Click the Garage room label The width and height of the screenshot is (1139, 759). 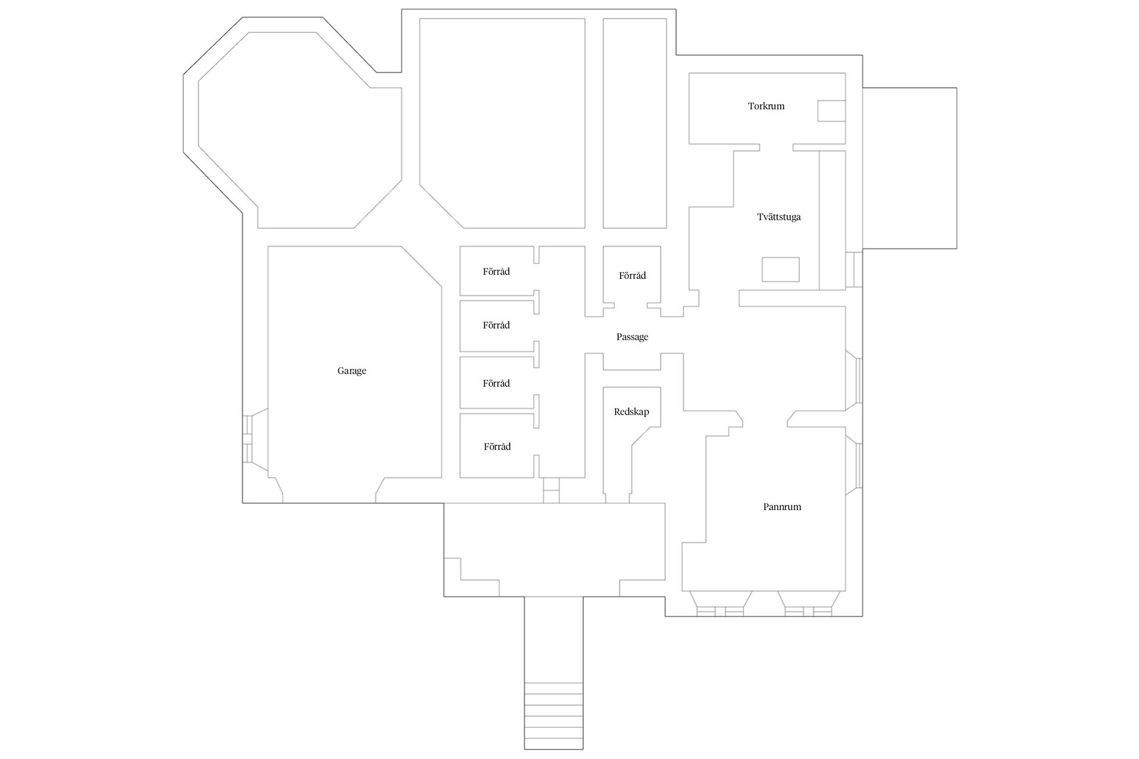click(x=352, y=371)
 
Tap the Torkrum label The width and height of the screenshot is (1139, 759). click(x=766, y=107)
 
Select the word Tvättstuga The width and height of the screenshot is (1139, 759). click(x=778, y=217)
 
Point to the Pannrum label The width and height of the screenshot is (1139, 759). click(x=782, y=507)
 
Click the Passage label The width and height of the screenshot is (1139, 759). click(x=632, y=337)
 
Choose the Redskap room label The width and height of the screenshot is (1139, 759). click(x=631, y=412)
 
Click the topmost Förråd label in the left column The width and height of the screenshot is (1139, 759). click(x=496, y=272)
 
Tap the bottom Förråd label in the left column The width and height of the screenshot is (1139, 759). click(x=497, y=447)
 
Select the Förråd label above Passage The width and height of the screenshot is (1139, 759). click(x=632, y=276)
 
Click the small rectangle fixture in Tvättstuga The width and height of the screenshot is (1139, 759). click(x=780, y=269)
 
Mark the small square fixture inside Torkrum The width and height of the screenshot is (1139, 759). click(x=831, y=111)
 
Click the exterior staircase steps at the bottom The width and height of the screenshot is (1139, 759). click(x=553, y=716)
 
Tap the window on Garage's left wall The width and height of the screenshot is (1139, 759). click(x=248, y=439)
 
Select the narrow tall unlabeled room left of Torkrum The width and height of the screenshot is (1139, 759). click(x=634, y=123)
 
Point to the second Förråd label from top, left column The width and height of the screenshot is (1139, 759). click(x=496, y=326)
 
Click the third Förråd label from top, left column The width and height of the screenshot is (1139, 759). click(x=496, y=384)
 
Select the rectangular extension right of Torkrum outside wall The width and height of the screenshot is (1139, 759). click(x=909, y=168)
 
